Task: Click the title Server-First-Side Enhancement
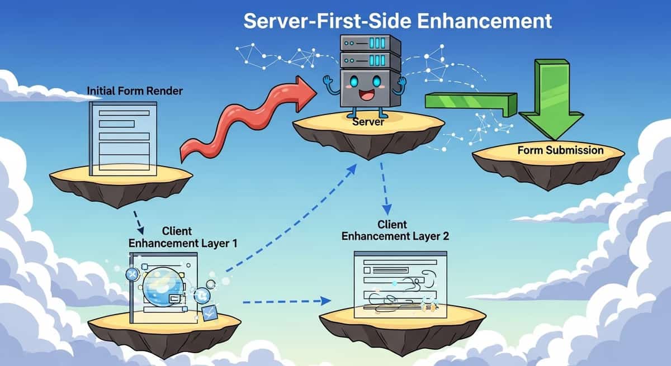click(398, 21)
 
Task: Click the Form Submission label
click(560, 150)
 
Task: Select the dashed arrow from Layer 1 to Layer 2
click(285, 302)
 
